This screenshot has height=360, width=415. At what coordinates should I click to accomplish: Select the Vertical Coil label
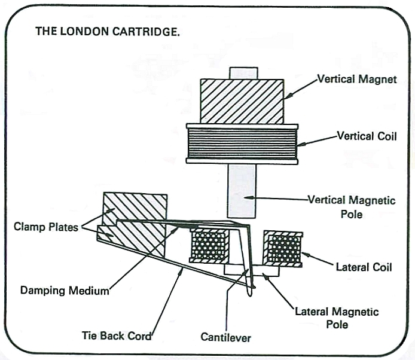[x=367, y=136]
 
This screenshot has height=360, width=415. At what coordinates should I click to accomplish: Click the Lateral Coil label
[x=364, y=267]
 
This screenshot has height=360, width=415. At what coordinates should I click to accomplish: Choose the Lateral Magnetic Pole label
[x=337, y=318]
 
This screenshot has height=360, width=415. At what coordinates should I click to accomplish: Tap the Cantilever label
[x=226, y=338]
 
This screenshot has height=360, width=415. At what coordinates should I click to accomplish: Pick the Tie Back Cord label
[x=117, y=335]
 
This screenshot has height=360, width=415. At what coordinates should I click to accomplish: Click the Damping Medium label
[x=65, y=291]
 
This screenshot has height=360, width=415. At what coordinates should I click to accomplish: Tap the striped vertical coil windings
[x=242, y=144]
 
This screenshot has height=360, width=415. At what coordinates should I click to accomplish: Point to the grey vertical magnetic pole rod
[x=242, y=191]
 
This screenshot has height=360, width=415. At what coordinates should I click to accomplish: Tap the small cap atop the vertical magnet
[x=243, y=73]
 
